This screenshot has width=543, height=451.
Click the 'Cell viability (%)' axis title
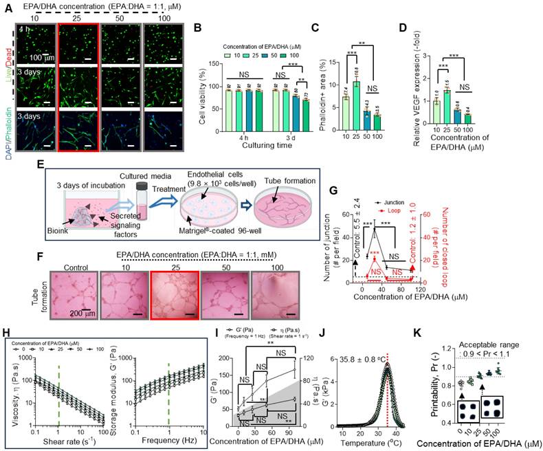pyautogui.click(x=201, y=94)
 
